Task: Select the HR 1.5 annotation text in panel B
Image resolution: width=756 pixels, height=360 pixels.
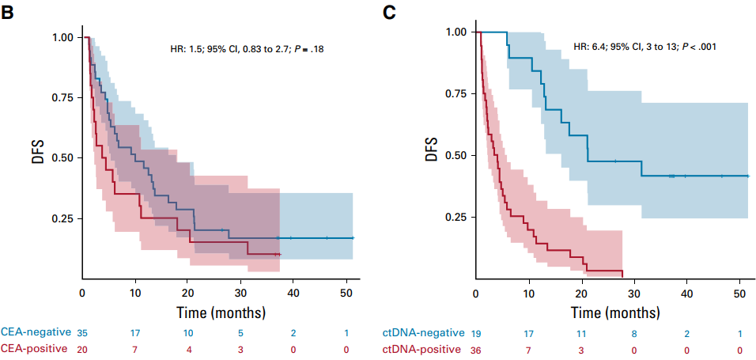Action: click(247, 49)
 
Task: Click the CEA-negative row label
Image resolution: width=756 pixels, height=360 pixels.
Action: click(36, 332)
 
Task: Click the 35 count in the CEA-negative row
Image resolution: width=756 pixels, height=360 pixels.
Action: click(82, 332)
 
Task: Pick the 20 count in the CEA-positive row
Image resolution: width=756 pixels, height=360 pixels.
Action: click(82, 347)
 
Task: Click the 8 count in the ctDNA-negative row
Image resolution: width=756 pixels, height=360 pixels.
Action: click(634, 332)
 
